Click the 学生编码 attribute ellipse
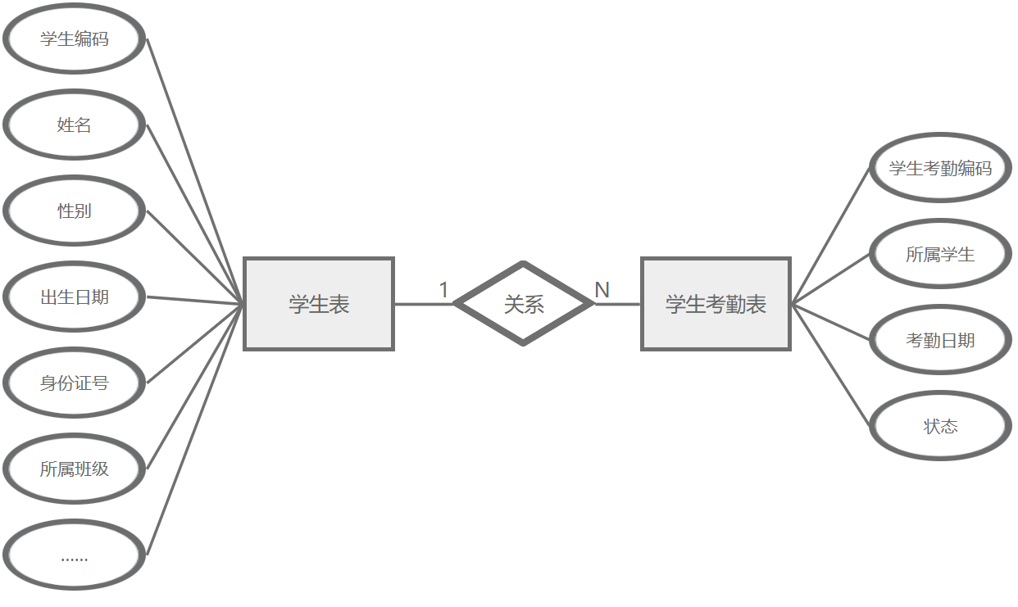tap(74, 39)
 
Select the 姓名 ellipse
tap(74, 125)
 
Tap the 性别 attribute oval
tap(74, 211)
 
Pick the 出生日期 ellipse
tap(74, 297)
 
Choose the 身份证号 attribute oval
tap(74, 383)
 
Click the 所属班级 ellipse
tap(74, 469)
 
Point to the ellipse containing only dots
tap(74, 555)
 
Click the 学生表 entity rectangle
tap(319, 304)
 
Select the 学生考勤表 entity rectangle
tap(716, 304)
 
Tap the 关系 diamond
tap(523, 304)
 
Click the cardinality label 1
tap(443, 290)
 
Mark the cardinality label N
tap(602, 290)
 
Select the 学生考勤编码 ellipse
tap(939, 168)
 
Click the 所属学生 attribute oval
tap(939, 254)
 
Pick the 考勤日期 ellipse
tap(939, 340)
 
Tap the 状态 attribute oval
tap(939, 426)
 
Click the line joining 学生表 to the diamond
tap(423, 304)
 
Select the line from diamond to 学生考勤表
tap(616, 304)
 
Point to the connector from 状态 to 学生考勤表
tap(830, 365)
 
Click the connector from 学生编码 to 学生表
tap(195, 170)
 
